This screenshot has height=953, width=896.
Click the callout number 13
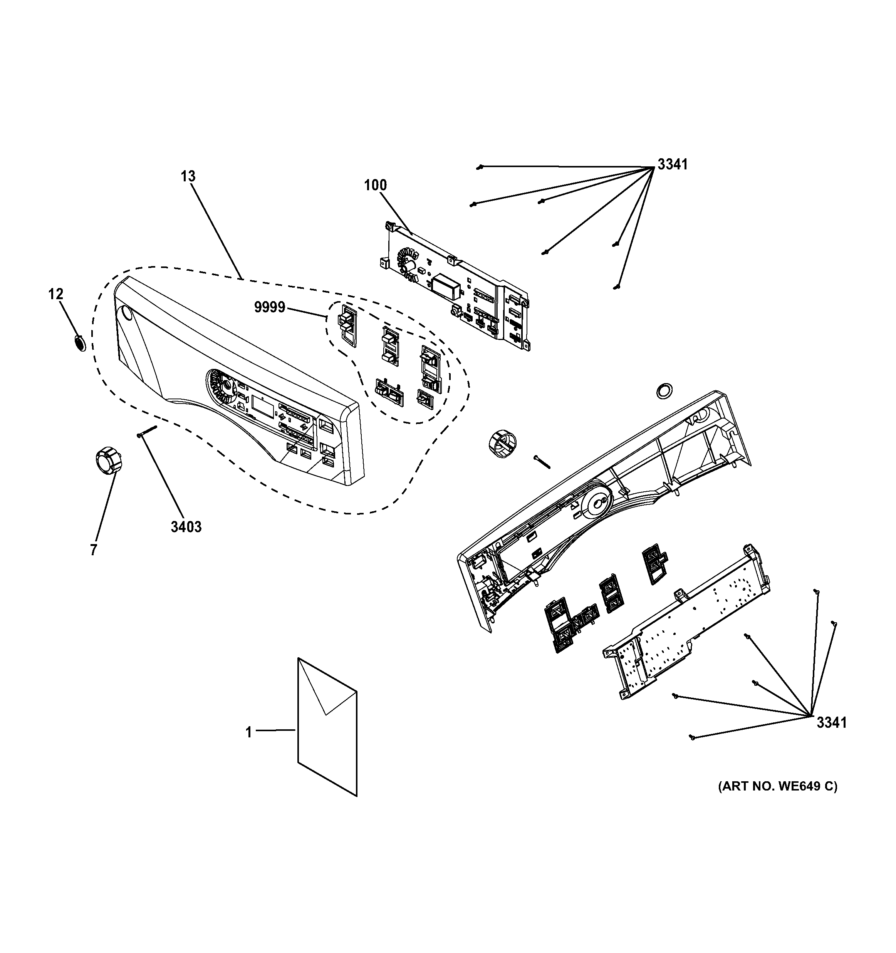pos(188,176)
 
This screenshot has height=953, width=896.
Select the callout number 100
pos(375,185)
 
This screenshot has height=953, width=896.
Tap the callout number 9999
pos(270,307)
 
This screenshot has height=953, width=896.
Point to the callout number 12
pos(55,294)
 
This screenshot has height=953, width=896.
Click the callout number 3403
pos(186,527)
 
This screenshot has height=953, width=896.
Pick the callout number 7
pos(93,550)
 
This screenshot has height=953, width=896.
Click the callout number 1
pos(248,732)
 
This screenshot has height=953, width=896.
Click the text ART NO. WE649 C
pos(777,787)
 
